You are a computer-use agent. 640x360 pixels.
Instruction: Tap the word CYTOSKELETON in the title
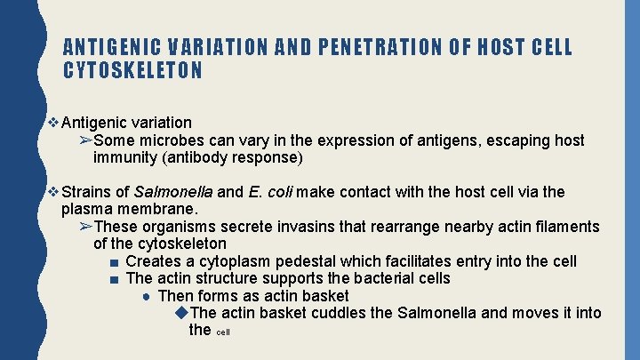pos(132,70)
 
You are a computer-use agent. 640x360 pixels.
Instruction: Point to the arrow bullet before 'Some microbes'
pos(84,140)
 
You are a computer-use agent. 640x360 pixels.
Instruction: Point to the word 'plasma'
pos(85,209)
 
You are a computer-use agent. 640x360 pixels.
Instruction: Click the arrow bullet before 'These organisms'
pos(84,227)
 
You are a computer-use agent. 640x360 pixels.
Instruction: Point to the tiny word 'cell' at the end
pos(223,332)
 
